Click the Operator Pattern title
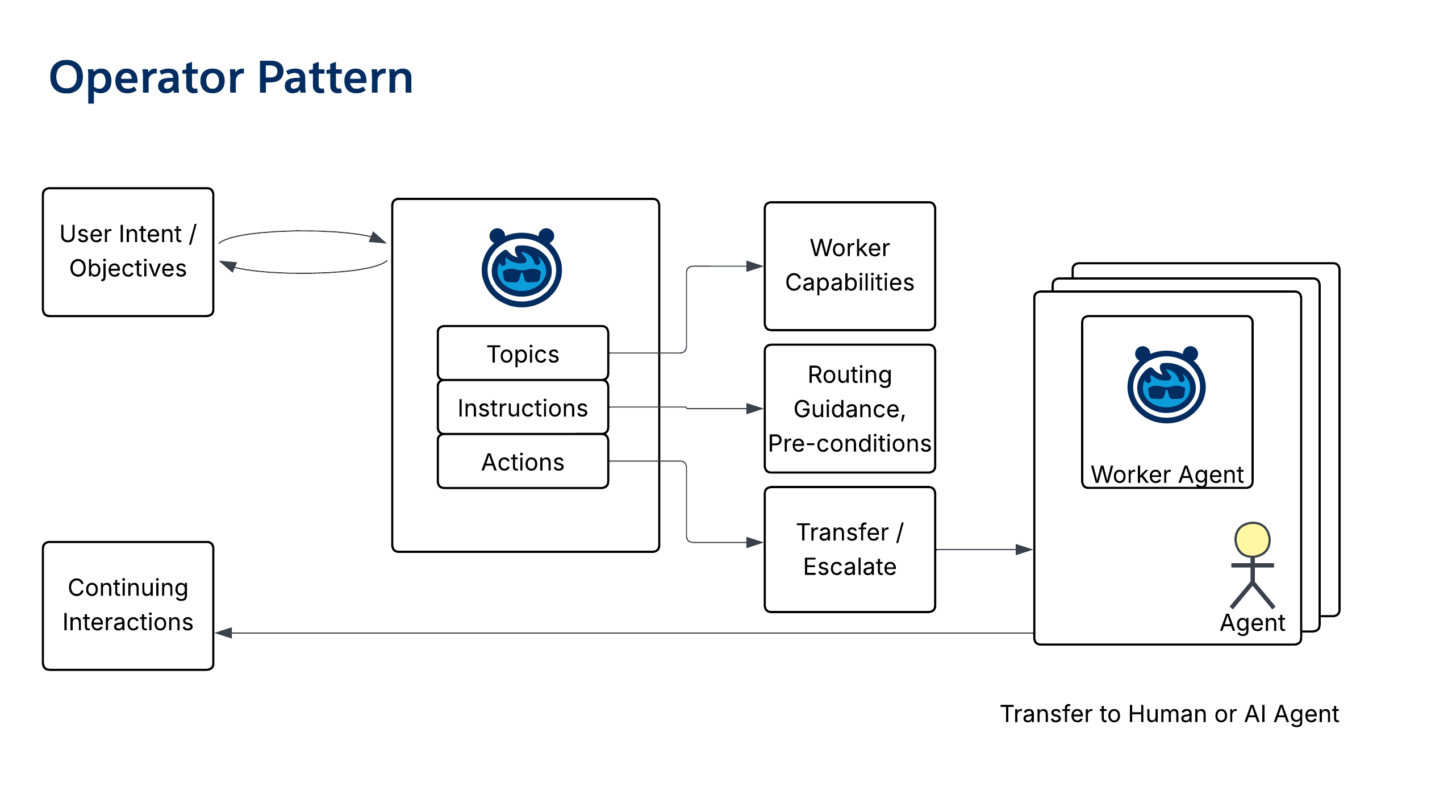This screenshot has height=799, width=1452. click(x=231, y=78)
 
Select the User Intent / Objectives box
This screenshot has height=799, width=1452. click(x=128, y=252)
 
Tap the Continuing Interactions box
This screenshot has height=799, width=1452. click(x=128, y=605)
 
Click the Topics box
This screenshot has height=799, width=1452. click(x=523, y=353)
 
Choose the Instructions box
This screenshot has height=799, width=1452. click(x=523, y=407)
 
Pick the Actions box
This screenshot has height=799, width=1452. click(x=523, y=461)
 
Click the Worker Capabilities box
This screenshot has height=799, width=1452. click(x=849, y=265)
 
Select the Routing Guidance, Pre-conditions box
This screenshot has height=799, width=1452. click(x=849, y=408)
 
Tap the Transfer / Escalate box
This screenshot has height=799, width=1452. click(x=849, y=549)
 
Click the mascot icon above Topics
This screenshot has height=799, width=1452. click(x=521, y=268)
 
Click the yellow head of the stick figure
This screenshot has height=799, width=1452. click(x=1252, y=539)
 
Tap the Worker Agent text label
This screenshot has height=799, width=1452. click(x=1167, y=474)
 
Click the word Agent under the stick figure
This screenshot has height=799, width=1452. click(x=1252, y=623)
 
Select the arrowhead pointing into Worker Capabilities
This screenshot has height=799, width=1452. click(x=755, y=266)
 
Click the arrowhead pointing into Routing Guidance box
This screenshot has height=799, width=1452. click(x=755, y=408)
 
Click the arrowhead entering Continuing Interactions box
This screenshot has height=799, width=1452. click(x=224, y=632)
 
